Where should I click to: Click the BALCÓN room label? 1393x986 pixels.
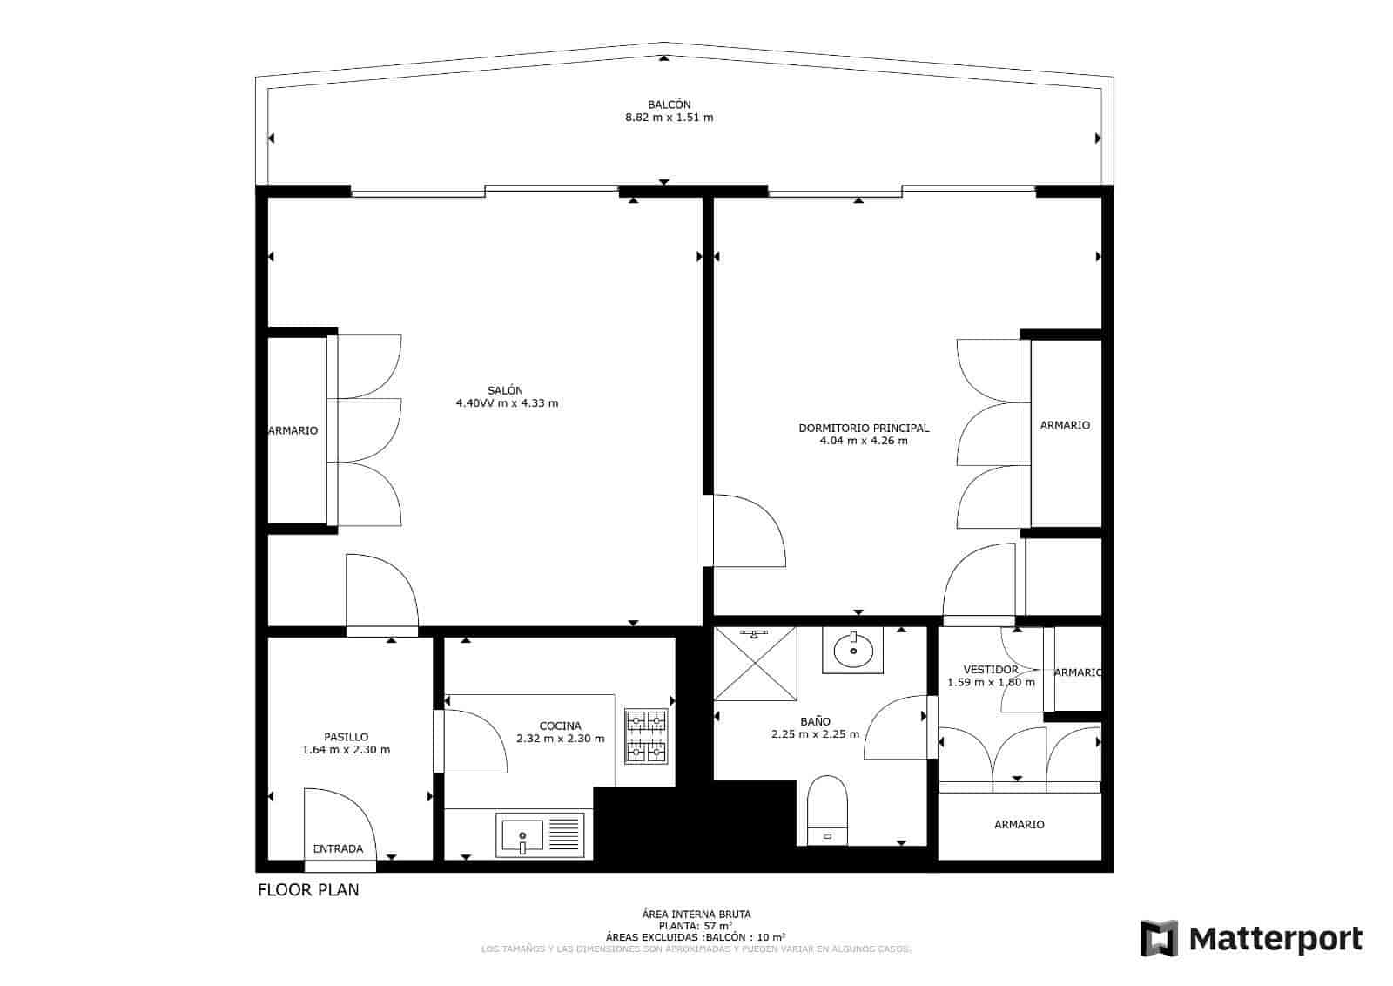pos(669,105)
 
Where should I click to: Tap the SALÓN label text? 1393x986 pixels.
pos(505,390)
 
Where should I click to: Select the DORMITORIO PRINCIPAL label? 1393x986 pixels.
pos(863,428)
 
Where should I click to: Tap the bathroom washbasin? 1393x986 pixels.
pos(853,651)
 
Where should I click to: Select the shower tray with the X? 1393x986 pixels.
pos(755,663)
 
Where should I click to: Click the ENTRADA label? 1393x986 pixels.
pos(338,848)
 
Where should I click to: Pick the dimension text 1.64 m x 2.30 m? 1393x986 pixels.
pos(346,749)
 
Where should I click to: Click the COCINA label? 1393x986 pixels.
pos(560,726)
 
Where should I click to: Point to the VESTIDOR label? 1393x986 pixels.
pos(990,669)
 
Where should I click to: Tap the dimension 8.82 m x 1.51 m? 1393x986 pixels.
pos(669,118)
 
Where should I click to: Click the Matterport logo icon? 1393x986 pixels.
pos(1159,938)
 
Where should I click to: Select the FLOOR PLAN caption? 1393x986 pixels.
pos(308,890)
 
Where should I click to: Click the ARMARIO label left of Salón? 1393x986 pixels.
pos(293,430)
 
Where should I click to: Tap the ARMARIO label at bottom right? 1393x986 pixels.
pos(1019,824)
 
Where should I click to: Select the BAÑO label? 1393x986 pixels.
pos(815,721)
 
